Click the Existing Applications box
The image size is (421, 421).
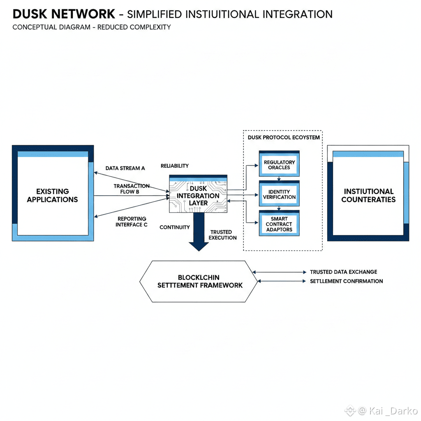coord(53,193)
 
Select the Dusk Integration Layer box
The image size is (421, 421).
coord(198,194)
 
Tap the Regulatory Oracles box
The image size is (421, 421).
coord(279,164)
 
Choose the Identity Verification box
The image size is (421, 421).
coord(279,193)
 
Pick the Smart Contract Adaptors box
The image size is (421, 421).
coord(279,223)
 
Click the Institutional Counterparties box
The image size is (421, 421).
coord(368,193)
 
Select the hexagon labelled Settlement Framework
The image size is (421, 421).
coord(199,281)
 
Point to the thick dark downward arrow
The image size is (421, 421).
coord(199,232)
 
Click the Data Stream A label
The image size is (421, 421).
coord(125,168)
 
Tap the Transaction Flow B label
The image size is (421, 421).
coord(131,189)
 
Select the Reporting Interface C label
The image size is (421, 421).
coord(132,222)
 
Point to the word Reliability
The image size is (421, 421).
coord(174,166)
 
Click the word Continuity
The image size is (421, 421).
coord(174,227)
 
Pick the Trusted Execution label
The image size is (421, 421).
coord(222,235)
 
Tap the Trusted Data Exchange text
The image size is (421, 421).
coord(343,272)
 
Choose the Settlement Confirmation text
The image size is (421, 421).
coord(346,281)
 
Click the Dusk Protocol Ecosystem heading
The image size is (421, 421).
coord(284,137)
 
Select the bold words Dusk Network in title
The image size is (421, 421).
coord(64,14)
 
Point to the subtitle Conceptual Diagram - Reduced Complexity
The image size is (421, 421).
coord(92,27)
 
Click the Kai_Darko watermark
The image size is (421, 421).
coord(381,411)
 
